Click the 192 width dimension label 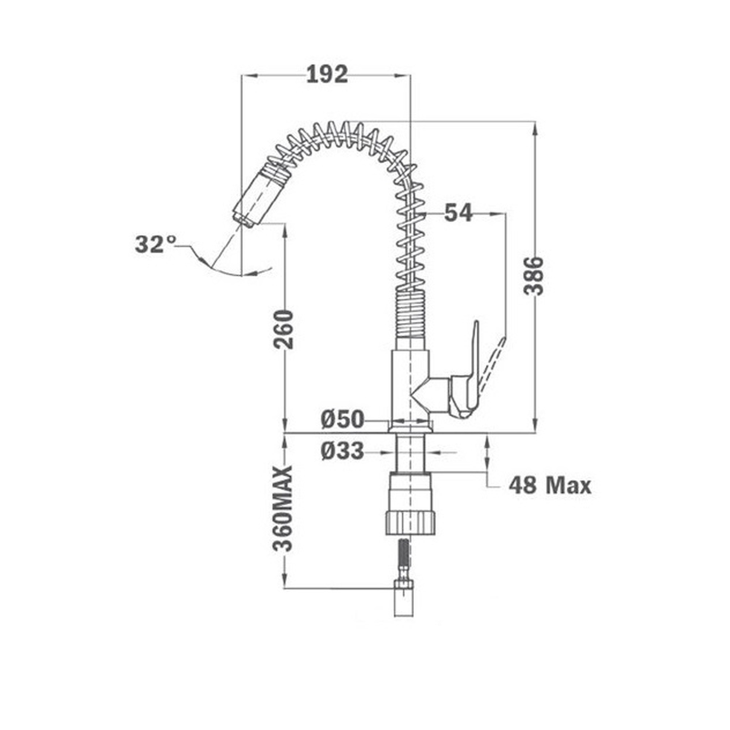(326, 74)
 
